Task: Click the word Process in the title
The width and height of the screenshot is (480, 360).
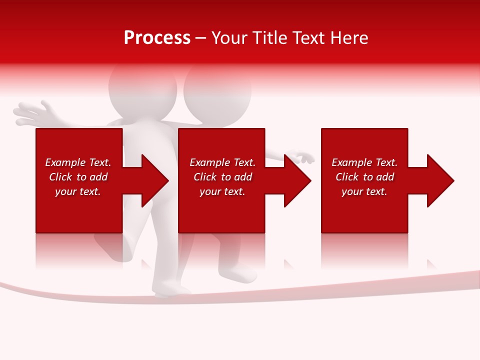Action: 157,38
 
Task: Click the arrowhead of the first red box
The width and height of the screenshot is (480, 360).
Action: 153,180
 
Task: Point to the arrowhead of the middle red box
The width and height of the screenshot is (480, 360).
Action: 296,180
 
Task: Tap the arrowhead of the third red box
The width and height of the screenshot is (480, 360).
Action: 439,180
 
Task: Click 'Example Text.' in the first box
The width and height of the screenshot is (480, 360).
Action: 78,162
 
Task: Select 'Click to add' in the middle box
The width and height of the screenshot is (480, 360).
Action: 222,177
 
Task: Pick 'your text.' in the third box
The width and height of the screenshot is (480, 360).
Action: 364,191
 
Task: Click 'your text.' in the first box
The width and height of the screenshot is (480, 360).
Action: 78,191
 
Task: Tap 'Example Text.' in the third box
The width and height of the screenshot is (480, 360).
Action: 364,162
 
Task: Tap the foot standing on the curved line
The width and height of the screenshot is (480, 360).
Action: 172,289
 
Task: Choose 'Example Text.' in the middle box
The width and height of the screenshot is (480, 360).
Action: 222,162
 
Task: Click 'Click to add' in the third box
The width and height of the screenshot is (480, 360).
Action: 364,177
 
